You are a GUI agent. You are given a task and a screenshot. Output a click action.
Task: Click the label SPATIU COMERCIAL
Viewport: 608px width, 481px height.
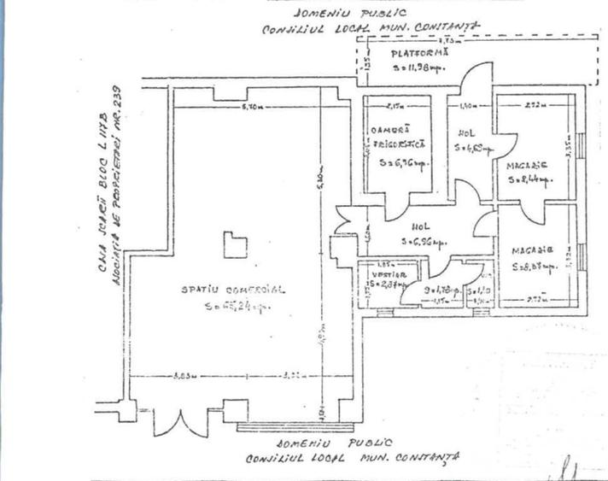tap(232, 290)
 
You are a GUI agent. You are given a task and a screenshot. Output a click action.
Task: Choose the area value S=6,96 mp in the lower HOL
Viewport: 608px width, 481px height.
tap(424, 242)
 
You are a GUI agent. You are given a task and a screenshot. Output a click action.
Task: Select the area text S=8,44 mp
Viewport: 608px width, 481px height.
tap(529, 179)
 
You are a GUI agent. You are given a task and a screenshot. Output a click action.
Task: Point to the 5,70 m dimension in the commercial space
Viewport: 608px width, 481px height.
tap(251, 107)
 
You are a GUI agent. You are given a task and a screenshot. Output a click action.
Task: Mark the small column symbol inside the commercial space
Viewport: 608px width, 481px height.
tap(235, 246)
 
